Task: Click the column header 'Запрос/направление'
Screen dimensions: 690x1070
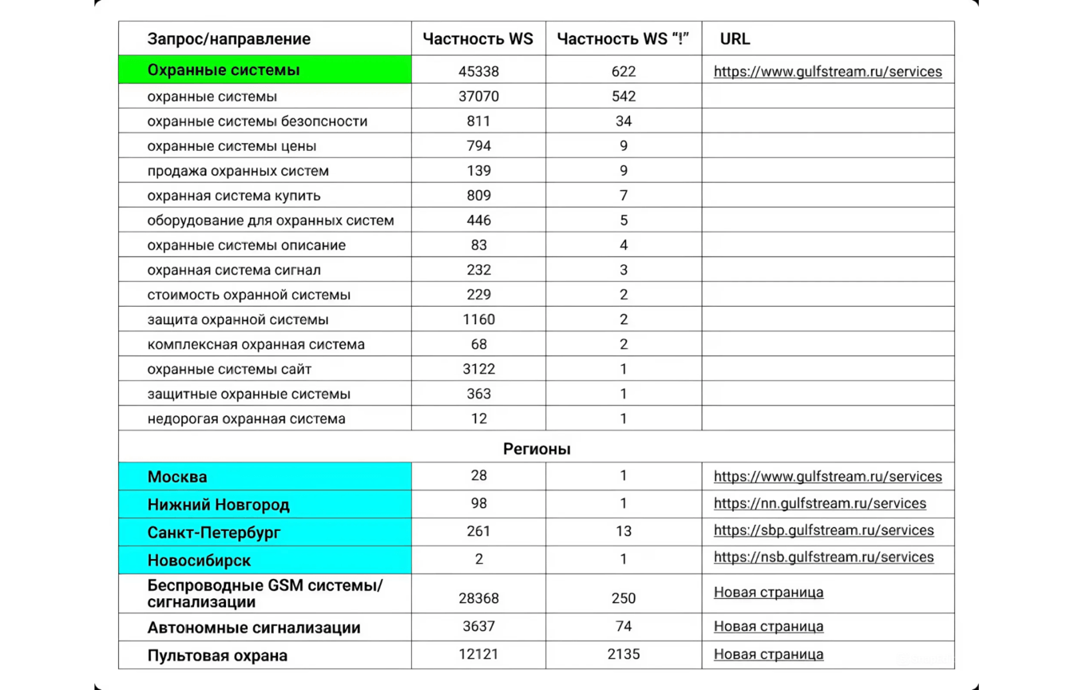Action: pyautogui.click(x=228, y=39)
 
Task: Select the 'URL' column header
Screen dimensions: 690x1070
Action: pyautogui.click(x=735, y=39)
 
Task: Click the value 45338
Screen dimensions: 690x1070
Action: pyautogui.click(x=478, y=72)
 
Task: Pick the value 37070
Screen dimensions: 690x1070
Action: pyautogui.click(x=478, y=97)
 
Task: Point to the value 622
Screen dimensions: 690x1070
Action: pyautogui.click(x=624, y=72)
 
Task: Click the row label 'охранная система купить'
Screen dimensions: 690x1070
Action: pyautogui.click(x=234, y=196)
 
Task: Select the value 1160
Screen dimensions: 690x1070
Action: pyautogui.click(x=478, y=319)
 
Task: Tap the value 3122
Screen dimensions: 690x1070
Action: pyautogui.click(x=478, y=369)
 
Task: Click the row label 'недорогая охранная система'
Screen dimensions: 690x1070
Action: pyautogui.click(x=246, y=418)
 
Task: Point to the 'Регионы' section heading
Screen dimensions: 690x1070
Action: pyautogui.click(x=537, y=449)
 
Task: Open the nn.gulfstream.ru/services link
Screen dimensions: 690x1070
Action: pyautogui.click(x=819, y=504)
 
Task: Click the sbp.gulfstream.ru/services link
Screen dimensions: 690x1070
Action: pyautogui.click(x=823, y=530)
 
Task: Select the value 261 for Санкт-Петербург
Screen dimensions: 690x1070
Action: pyautogui.click(x=478, y=531)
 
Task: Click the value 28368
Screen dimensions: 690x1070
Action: pyautogui.click(x=478, y=598)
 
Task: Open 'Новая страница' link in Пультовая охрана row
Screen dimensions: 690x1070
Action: pyautogui.click(x=768, y=654)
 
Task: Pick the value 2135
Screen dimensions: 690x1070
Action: pyautogui.click(x=624, y=654)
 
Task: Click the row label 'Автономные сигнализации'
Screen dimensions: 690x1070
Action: pyautogui.click(x=254, y=628)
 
